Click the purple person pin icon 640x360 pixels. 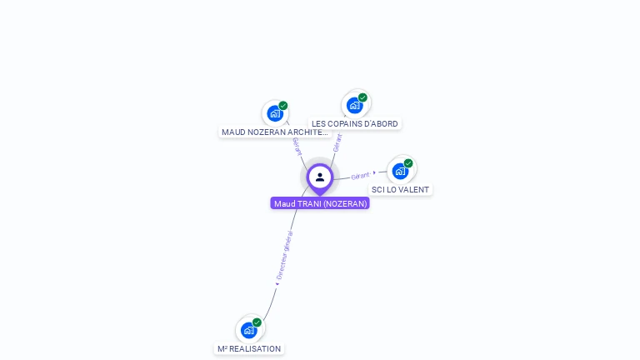[320, 177]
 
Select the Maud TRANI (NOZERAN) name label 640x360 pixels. [320, 203]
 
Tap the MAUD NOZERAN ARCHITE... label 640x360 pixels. [275, 132]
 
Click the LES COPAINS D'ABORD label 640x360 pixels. [355, 123]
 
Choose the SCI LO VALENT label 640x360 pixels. [401, 189]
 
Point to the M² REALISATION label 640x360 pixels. [249, 348]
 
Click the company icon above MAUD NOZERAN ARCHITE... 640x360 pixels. [274, 114]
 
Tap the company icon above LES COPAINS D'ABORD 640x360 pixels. [354, 106]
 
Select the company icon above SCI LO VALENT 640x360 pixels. [400, 172]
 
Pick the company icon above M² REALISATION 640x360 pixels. [248, 330]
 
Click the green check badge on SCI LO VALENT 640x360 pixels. [408, 163]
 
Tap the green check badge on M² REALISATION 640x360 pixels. [257, 322]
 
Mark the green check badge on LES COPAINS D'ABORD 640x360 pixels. [362, 97]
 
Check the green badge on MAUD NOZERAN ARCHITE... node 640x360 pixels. [283, 106]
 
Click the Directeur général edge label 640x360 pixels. [285, 255]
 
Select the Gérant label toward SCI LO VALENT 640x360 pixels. [361, 176]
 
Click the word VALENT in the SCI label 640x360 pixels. [414, 189]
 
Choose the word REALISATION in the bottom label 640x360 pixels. [257, 348]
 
